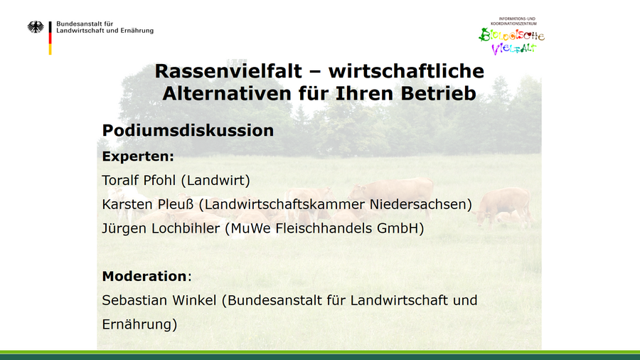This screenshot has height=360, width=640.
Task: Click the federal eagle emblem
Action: click(x=36, y=27)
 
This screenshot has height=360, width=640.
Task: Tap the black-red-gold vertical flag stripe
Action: click(x=50, y=38)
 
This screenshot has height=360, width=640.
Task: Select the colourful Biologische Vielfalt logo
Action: click(x=512, y=37)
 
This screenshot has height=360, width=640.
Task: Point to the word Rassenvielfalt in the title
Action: click(x=228, y=71)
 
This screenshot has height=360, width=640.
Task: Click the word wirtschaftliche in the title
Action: click(x=406, y=71)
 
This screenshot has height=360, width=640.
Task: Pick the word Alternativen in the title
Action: click(x=228, y=93)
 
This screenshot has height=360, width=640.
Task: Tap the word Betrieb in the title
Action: click(x=438, y=93)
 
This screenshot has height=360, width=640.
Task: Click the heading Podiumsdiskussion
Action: click(x=188, y=131)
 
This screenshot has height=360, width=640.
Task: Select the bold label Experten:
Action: click(x=138, y=157)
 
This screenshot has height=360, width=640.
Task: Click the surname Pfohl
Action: click(x=162, y=180)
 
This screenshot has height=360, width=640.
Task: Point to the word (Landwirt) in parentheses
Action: click(x=215, y=180)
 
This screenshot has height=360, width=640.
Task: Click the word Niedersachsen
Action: click(x=421, y=204)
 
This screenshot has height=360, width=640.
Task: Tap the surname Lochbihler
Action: click(x=186, y=228)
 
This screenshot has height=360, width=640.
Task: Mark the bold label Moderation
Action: click(x=144, y=276)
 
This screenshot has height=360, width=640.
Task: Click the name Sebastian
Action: click(x=134, y=300)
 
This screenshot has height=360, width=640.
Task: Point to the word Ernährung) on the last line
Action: click(x=139, y=324)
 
